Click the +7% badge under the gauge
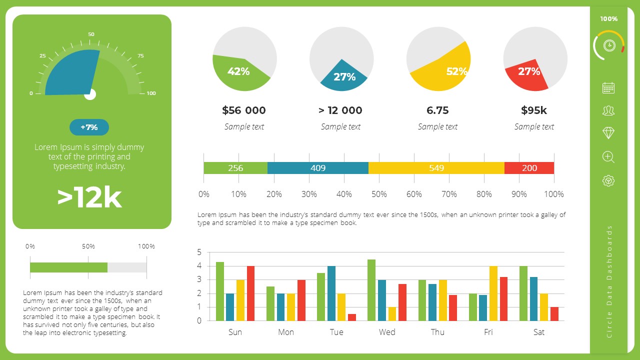click(x=89, y=127)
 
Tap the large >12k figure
click(x=89, y=197)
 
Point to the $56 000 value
click(x=244, y=110)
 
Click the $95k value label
click(x=534, y=110)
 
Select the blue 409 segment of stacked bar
click(x=318, y=168)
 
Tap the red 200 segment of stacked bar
click(x=529, y=168)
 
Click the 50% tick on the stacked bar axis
click(x=379, y=194)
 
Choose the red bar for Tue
click(x=352, y=317)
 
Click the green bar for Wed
click(x=371, y=290)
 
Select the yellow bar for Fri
click(x=493, y=293)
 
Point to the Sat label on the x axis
click(x=538, y=332)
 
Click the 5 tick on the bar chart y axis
click(x=199, y=252)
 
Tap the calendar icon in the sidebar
click(x=608, y=88)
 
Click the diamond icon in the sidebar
click(x=608, y=133)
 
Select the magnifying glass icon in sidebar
click(x=608, y=157)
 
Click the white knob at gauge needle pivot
click(x=90, y=94)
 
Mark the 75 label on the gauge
click(x=140, y=56)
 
